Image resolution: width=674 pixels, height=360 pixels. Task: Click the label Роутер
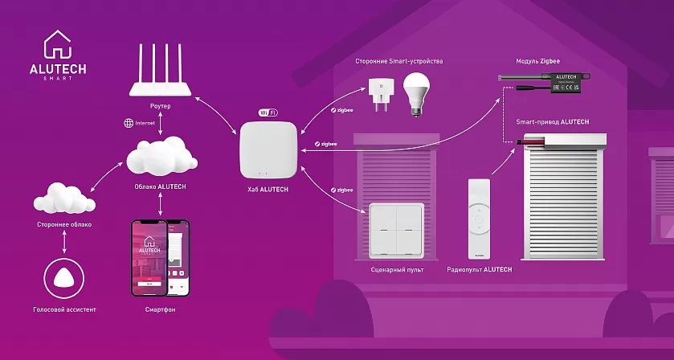tap(161, 105)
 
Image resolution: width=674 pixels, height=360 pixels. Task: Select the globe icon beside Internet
tap(129, 123)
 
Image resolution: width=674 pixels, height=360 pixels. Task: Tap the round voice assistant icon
tap(63, 278)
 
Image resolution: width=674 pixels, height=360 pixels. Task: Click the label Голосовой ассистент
tap(64, 309)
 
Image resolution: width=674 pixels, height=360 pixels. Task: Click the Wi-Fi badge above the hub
tap(268, 113)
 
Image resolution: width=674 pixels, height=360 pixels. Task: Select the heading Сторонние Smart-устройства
tap(398, 61)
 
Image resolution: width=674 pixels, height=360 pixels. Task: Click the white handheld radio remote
tap(479, 217)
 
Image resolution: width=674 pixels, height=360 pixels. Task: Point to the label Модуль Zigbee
tap(537, 61)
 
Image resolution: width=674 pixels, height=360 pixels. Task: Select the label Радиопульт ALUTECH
tap(479, 269)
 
